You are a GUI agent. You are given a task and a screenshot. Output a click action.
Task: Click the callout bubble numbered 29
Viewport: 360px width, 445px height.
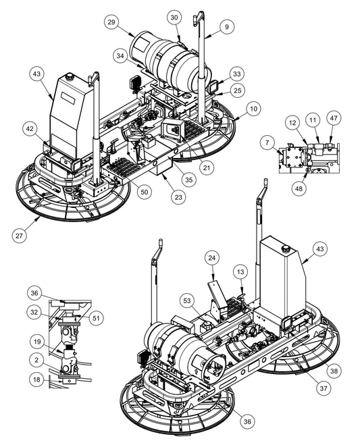click(x=111, y=22)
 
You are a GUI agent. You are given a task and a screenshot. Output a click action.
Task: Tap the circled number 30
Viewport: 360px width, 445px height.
click(x=174, y=18)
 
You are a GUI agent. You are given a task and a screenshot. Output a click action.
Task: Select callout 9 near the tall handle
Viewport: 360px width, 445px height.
click(x=226, y=27)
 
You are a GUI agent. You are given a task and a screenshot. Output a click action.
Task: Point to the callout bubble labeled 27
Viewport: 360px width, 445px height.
click(x=20, y=236)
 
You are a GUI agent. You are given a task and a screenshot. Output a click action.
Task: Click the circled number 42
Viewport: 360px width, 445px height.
click(x=30, y=128)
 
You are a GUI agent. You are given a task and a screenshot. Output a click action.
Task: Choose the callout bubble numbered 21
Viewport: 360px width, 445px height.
click(x=207, y=167)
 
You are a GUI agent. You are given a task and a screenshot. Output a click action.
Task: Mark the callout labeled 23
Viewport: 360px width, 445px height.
click(x=178, y=197)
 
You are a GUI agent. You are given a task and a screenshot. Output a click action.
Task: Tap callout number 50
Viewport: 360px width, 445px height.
click(x=145, y=192)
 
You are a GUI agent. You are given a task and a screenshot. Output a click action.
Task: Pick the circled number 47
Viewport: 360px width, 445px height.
click(x=334, y=117)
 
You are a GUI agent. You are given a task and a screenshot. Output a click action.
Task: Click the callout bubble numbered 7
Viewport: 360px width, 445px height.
click(x=267, y=142)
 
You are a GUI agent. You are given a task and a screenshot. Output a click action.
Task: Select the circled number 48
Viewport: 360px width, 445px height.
click(x=299, y=188)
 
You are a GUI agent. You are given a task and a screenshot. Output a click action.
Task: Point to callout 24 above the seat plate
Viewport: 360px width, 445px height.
click(x=212, y=258)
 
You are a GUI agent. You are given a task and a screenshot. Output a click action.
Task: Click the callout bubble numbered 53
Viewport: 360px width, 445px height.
click(x=187, y=300)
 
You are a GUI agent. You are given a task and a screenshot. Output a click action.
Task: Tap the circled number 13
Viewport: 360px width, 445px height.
click(x=240, y=272)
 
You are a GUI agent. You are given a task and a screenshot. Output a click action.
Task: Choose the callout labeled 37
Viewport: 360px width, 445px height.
click(x=324, y=388)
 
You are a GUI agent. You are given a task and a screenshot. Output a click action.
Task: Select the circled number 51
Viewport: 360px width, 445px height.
click(x=96, y=318)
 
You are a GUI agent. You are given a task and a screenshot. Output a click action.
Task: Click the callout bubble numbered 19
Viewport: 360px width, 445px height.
click(x=37, y=342)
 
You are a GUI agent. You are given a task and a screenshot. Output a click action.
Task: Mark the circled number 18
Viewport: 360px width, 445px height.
click(x=36, y=379)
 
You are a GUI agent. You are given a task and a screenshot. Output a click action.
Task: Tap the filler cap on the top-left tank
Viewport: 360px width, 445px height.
click(x=69, y=76)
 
